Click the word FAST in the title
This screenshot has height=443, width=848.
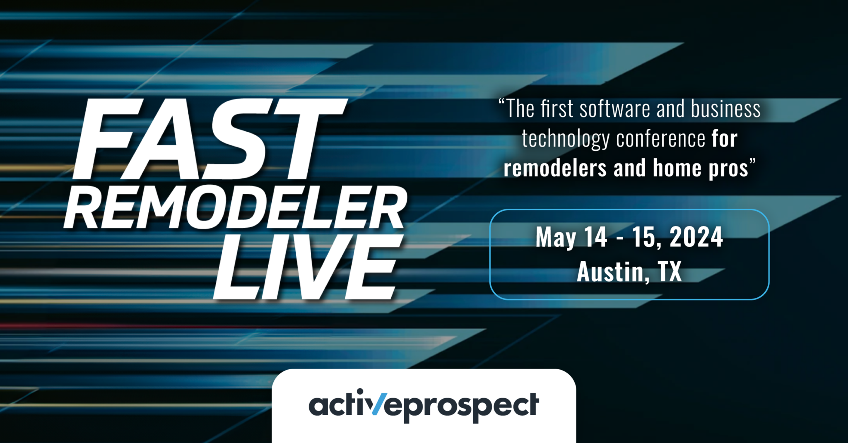tap(209, 140)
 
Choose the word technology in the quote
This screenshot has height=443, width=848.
tap(565, 139)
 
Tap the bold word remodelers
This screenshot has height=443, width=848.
tap(555, 169)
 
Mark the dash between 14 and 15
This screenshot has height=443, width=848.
tap(620, 239)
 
